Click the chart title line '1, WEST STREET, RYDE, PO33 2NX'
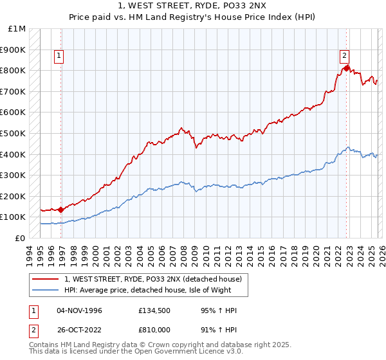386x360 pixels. click(192, 6)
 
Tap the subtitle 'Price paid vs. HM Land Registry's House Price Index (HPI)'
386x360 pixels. click(192, 17)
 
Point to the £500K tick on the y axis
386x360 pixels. click(13, 134)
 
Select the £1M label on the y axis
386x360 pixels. click(17, 29)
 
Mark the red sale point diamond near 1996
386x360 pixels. click(61, 210)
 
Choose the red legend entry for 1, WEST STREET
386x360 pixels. click(152, 279)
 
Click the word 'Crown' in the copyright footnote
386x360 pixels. click(167, 345)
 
